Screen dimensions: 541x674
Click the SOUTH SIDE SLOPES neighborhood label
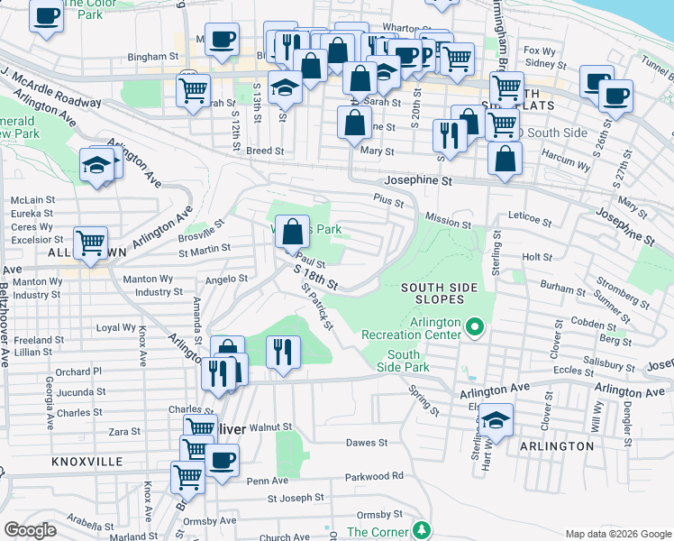tap(445, 293)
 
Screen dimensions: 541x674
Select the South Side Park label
tap(409, 362)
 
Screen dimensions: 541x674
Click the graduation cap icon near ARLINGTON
tap(495, 419)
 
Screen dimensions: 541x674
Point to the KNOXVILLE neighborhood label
tap(87, 461)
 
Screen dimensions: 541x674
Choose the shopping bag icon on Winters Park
tap(292, 233)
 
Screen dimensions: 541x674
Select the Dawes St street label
tap(367, 443)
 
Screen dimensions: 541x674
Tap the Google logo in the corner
tap(30, 530)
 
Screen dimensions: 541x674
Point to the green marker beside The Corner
tap(419, 528)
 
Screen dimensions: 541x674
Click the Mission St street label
tap(449, 223)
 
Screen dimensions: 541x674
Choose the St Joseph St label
tap(295, 498)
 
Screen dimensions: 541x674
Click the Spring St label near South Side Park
tap(424, 400)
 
